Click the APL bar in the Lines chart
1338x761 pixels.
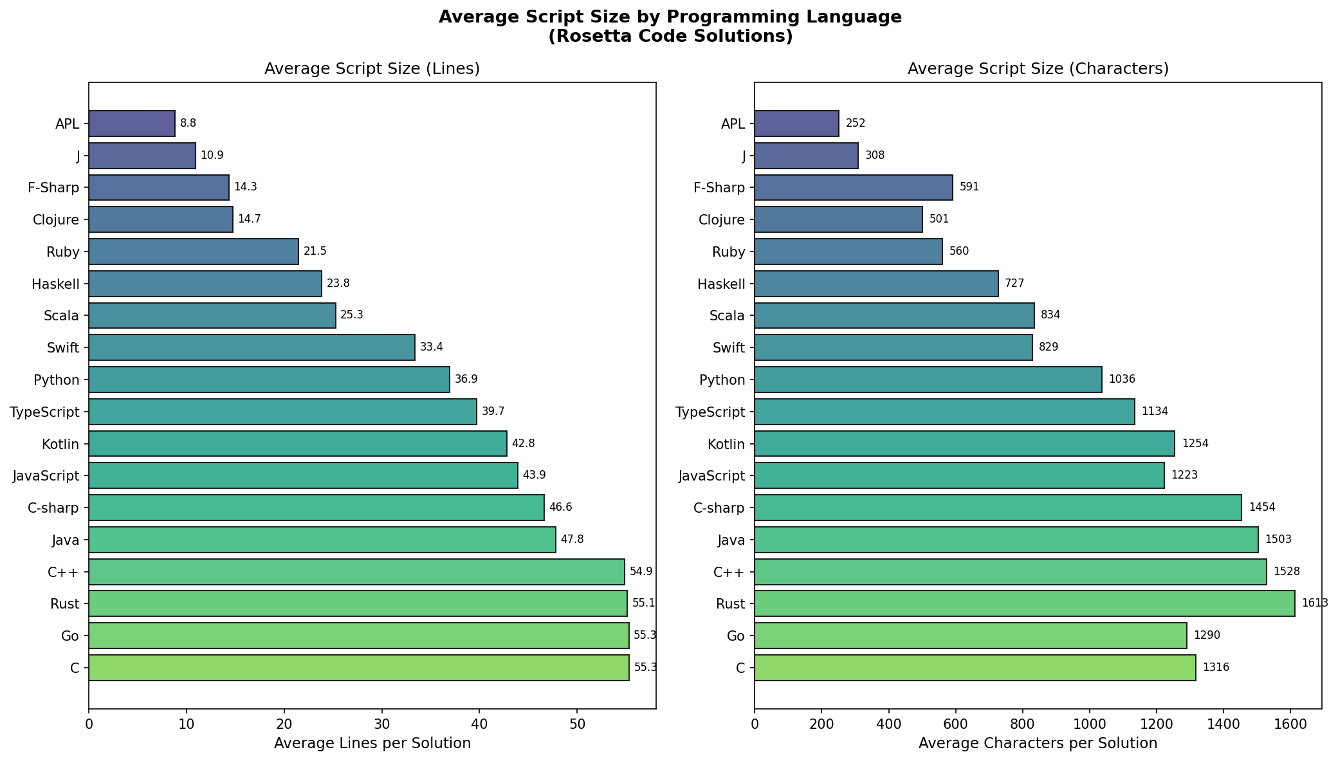click(132, 124)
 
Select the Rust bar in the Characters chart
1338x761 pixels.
click(1024, 603)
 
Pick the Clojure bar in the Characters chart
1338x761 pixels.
click(838, 219)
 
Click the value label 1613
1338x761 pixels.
click(1314, 603)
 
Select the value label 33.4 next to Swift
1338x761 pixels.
click(431, 347)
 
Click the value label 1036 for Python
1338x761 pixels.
click(1121, 380)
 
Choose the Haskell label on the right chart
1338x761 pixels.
click(719, 284)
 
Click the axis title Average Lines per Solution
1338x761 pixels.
click(372, 744)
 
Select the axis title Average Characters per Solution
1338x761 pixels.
click(1038, 744)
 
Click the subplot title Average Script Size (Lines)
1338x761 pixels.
click(372, 69)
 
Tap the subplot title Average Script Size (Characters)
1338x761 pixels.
click(1038, 69)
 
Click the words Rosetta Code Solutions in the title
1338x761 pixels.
click(670, 37)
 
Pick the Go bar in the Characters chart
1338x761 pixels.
click(970, 636)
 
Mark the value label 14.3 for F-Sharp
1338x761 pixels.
click(245, 187)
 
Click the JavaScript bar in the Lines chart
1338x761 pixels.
click(303, 475)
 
